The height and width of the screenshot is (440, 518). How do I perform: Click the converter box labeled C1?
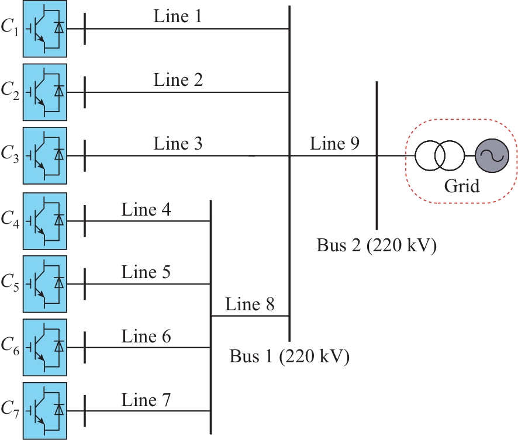click(x=45, y=28)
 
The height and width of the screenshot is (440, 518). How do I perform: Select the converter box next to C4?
click(x=45, y=221)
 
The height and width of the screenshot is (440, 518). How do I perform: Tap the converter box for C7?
click(x=45, y=411)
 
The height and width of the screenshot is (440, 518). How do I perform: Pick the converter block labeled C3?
click(x=45, y=156)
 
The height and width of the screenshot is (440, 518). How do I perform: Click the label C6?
click(x=11, y=349)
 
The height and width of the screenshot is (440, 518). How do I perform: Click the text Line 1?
click(x=178, y=16)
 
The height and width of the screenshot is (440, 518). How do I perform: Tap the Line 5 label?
click(x=146, y=272)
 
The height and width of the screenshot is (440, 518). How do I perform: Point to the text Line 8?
click(x=250, y=304)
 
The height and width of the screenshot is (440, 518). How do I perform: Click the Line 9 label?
click(x=334, y=143)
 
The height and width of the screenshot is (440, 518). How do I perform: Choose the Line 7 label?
click(x=146, y=400)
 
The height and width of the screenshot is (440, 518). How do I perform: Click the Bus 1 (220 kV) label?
click(x=289, y=356)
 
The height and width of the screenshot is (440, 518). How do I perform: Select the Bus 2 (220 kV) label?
click(x=377, y=245)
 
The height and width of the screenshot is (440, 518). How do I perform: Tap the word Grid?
click(x=461, y=186)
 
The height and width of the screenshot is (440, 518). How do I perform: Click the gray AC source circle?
click(x=492, y=156)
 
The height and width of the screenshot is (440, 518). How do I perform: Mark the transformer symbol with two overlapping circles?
click(x=440, y=156)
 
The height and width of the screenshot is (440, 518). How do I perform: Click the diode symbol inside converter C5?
click(x=58, y=283)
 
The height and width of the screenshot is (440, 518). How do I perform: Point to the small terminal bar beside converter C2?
click(x=85, y=92)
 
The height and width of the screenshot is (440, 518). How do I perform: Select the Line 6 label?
click(x=146, y=336)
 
